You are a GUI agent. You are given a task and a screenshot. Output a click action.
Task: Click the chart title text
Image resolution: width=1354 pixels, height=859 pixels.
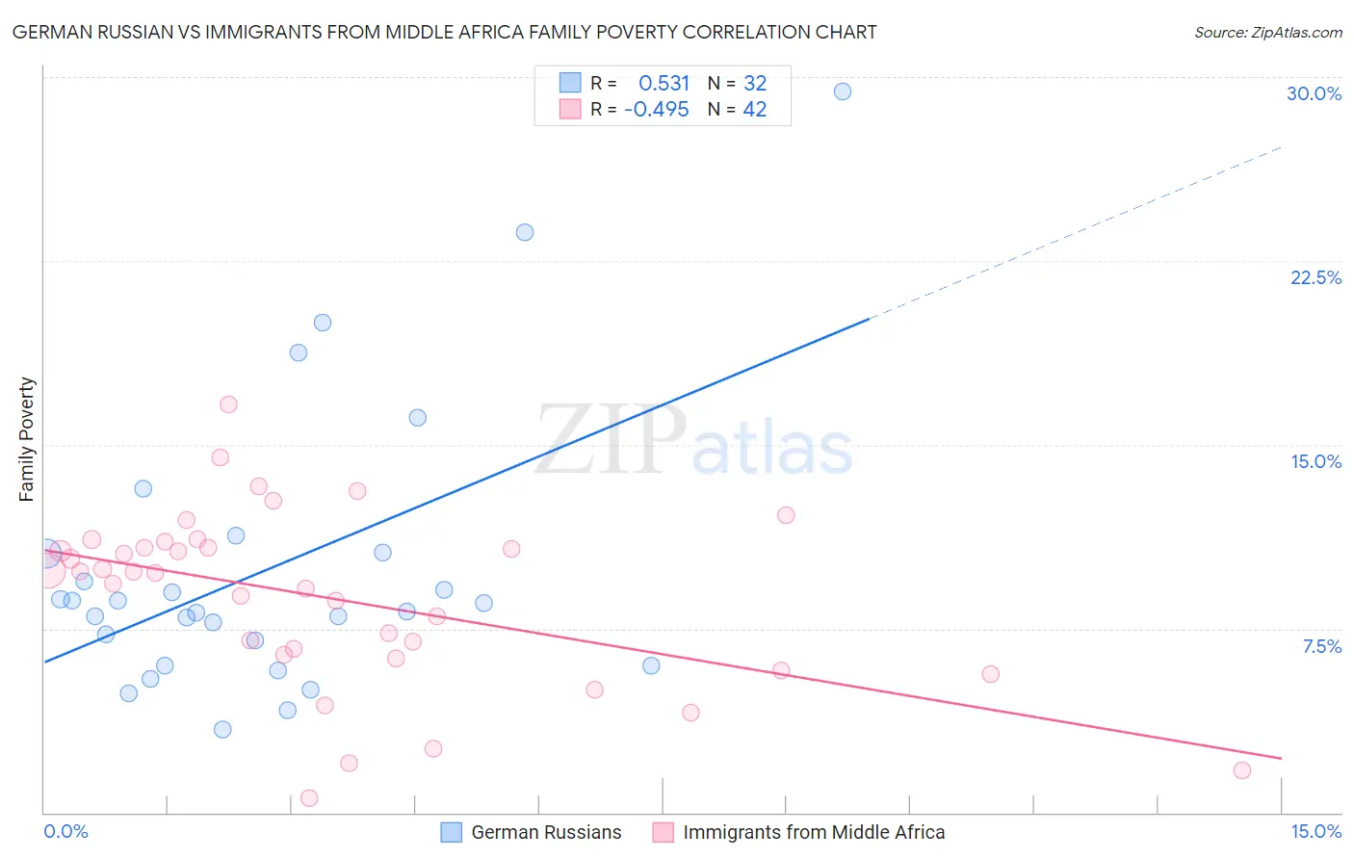click(444, 32)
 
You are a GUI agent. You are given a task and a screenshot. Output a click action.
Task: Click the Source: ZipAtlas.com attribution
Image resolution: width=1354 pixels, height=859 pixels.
click(1267, 32)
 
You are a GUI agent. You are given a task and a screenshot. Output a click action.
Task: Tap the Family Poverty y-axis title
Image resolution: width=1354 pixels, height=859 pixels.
click(26, 439)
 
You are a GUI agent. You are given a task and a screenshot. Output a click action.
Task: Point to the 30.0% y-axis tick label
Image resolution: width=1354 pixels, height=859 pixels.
click(1314, 93)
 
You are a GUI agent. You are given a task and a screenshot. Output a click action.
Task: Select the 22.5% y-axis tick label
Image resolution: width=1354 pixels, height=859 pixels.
click(1315, 277)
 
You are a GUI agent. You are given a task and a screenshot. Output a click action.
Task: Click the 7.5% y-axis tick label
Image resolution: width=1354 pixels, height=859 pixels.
click(1321, 646)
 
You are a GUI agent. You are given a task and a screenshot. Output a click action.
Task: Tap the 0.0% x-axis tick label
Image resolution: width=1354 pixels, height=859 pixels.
click(65, 831)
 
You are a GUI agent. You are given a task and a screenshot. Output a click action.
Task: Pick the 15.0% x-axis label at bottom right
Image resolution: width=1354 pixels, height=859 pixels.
click(1315, 831)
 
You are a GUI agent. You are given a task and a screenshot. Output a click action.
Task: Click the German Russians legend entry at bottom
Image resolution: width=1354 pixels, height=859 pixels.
click(545, 832)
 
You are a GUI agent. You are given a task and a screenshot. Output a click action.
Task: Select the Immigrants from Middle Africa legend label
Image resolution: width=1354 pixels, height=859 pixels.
click(813, 832)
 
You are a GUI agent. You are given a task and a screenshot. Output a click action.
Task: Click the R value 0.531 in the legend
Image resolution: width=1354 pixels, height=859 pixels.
click(664, 84)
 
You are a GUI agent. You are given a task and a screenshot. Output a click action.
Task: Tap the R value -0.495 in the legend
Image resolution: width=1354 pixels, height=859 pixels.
click(657, 110)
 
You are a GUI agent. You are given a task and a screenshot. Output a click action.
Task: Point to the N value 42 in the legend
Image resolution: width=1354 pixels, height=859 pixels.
click(754, 110)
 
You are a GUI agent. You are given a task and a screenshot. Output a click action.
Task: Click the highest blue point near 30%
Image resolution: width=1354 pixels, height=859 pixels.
click(843, 91)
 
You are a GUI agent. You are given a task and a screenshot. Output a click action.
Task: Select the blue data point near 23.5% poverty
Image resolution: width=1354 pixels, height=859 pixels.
click(525, 232)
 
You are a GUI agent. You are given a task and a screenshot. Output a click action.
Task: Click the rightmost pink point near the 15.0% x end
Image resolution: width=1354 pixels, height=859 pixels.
click(1242, 770)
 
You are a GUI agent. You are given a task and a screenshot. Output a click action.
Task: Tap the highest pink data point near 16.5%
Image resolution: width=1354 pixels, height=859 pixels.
click(228, 404)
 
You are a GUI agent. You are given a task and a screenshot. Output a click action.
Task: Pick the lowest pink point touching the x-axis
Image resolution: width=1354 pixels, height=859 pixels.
click(309, 797)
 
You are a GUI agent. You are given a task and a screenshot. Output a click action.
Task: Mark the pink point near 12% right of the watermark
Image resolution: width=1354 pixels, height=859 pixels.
click(786, 515)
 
